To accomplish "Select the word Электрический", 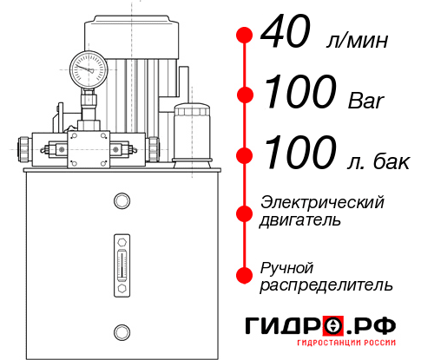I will tap(322, 202).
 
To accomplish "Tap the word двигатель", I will tap(300, 220).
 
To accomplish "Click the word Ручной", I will tap(286, 266).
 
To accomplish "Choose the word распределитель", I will tap(326, 285).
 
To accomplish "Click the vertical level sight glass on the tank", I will tap(121, 259).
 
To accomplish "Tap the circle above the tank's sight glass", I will tap(121, 202).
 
